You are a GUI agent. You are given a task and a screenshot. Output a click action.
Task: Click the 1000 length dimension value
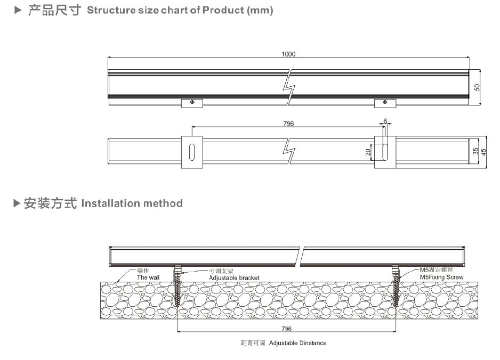click(288, 54)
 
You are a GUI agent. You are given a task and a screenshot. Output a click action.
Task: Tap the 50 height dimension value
click(478, 86)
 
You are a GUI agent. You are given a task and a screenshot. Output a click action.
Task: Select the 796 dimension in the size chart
click(288, 124)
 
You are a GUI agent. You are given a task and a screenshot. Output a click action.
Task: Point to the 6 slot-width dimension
click(385, 121)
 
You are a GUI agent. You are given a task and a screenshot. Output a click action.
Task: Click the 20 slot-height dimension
click(368, 152)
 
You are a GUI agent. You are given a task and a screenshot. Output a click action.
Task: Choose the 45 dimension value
click(484, 151)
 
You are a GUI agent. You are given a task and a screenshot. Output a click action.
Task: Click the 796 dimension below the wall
click(286, 329)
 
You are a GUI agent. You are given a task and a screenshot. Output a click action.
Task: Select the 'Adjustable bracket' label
click(234, 278)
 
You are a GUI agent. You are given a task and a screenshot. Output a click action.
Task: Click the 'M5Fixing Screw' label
click(442, 277)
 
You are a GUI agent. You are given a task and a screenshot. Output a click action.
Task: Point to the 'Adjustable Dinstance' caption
click(297, 343)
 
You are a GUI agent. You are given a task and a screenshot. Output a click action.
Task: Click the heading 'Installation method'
click(132, 203)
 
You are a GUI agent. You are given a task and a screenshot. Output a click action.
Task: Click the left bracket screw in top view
click(192, 102)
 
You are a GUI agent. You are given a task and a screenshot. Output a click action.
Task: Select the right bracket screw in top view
click(385, 102)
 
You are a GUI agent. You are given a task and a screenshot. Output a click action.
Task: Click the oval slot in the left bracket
click(192, 152)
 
